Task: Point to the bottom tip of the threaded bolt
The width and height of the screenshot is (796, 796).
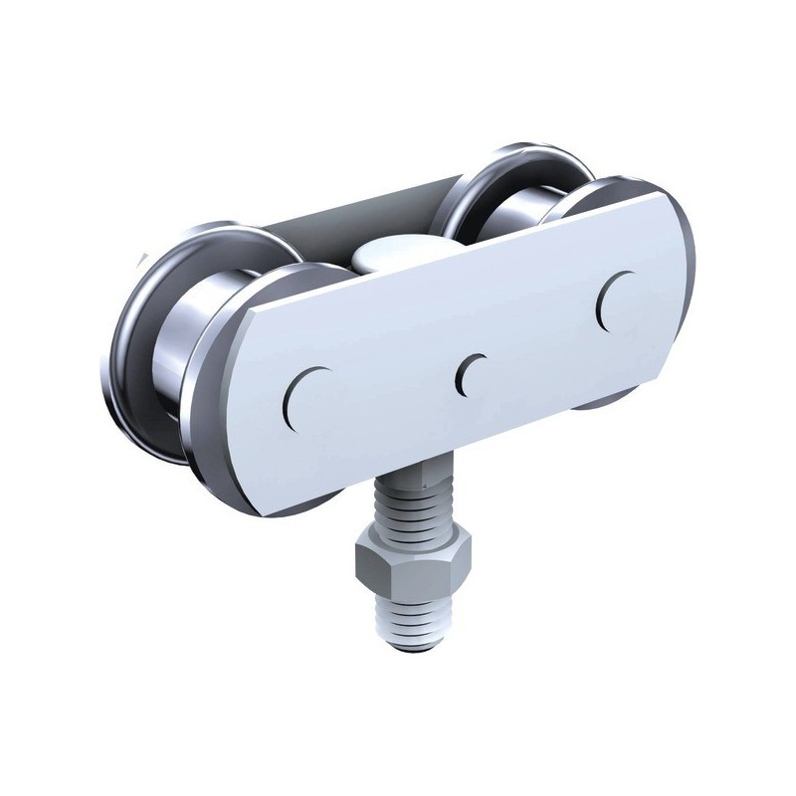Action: (x=410, y=643)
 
